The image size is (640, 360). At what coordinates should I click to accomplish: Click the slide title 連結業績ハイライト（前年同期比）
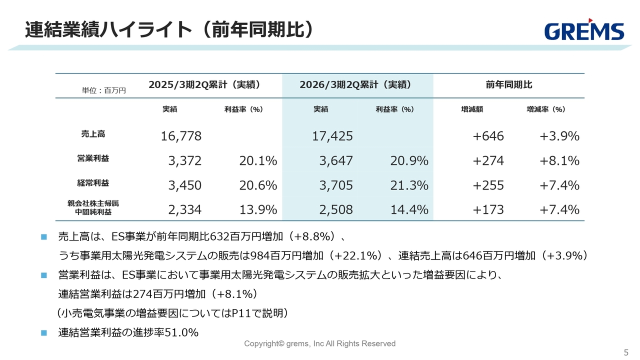pos(169,29)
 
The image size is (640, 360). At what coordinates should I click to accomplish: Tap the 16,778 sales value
pos(181,136)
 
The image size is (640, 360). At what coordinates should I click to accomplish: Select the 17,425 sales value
pos(332,136)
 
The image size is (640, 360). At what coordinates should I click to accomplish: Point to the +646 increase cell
pos(488,136)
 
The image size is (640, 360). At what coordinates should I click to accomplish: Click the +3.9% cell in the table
pos(559,136)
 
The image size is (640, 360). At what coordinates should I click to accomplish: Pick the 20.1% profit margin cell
pos(258,160)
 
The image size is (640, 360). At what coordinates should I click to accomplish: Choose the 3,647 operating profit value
pos(336,160)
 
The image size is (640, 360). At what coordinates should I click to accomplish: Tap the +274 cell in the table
pos(488,160)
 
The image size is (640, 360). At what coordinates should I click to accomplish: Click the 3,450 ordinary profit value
pos(184,185)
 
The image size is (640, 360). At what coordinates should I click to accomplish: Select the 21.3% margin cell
pos(409,185)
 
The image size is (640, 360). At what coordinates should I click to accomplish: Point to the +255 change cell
pos(488,185)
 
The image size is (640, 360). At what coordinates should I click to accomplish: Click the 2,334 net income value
pos(184,209)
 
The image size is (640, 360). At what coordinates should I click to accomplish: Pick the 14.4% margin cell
pos(409,209)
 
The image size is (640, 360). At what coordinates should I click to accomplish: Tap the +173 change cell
pos(488,209)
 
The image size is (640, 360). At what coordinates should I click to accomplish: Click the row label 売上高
pos(93,134)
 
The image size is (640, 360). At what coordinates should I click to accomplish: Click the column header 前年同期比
pos(508,85)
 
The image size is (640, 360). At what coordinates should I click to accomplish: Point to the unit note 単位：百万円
pos(104,90)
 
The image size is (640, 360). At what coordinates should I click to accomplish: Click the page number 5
pos(626,351)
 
